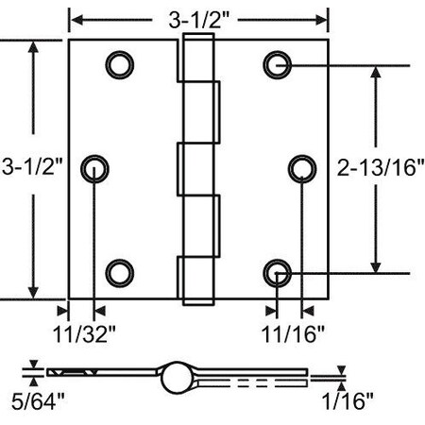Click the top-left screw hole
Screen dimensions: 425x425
tap(118, 63)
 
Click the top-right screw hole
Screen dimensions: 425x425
tap(278, 63)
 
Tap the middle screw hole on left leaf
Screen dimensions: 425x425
tap(95, 168)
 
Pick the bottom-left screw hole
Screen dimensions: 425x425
tap(118, 273)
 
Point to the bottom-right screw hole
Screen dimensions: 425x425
tap(278, 273)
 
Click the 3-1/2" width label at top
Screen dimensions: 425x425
tap(199, 18)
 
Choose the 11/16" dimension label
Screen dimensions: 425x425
tap(295, 331)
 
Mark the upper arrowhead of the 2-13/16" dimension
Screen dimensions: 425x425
tap(379, 72)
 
